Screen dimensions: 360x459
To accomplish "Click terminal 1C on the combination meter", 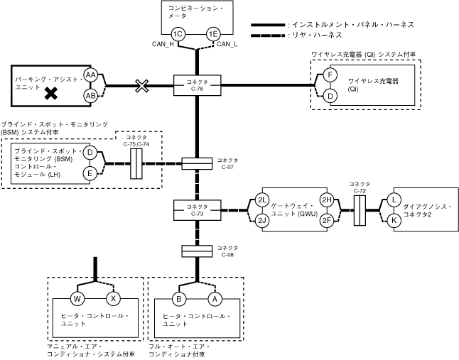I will (178, 34).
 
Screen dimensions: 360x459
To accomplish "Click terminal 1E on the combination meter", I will (212, 34).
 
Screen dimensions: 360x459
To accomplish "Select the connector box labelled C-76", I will (195, 86).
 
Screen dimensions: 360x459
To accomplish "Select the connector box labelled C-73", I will (195, 210).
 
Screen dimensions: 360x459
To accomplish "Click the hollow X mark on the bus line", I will (142, 86).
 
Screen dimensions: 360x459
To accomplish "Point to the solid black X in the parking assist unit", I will (51, 92).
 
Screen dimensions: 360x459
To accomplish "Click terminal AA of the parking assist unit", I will (91, 75).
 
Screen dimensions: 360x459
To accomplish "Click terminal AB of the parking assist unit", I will (91, 95).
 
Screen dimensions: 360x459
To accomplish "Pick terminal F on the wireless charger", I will (329, 75).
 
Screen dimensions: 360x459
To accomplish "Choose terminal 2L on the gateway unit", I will (262, 200).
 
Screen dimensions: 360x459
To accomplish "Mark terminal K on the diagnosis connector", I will (394, 220).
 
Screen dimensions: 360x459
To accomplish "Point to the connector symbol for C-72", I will (360, 211).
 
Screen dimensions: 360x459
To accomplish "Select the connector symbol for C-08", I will (195, 251).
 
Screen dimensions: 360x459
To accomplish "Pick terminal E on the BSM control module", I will (90, 173).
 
